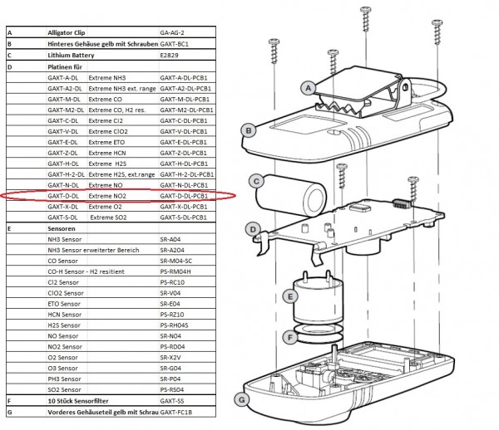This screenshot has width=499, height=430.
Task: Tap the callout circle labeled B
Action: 248,129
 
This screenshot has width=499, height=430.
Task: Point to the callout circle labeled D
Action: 251,227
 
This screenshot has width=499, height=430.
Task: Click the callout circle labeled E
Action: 289,296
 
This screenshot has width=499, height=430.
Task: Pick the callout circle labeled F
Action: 289,338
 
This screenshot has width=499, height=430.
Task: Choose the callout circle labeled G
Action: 242,399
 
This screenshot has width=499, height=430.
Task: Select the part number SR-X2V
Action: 171,357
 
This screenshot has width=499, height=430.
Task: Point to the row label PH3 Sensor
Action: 66,379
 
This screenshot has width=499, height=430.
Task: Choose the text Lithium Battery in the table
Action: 71,55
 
